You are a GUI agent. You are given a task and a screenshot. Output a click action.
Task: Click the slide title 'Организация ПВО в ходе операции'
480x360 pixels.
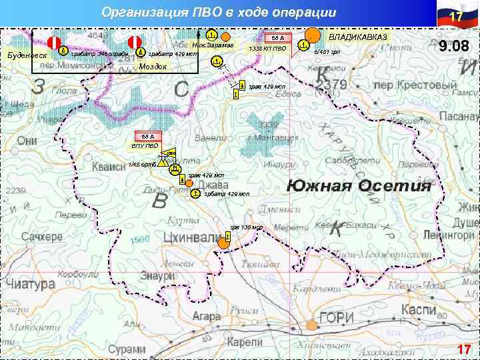click(219, 13)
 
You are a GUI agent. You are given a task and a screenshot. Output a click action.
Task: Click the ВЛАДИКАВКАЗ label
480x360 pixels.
click(357, 37)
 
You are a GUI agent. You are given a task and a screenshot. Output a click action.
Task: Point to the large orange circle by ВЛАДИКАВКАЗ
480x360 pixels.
click(311, 35)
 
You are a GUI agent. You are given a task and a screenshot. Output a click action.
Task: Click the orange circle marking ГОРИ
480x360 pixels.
click(311, 325)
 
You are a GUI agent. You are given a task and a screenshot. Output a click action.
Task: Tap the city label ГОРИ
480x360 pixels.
click(336, 319)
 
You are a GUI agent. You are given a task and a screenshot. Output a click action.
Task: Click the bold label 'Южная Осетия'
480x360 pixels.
click(359, 185)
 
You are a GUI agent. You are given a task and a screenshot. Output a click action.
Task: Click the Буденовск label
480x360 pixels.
click(26, 54)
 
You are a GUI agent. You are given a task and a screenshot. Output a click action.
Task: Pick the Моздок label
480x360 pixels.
click(153, 67)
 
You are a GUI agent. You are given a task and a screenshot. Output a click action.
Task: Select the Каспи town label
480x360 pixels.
click(418, 310)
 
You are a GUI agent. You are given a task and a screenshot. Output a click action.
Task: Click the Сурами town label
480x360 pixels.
click(127, 349)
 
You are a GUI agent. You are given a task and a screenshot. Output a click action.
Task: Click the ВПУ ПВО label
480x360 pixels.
click(145, 145)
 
